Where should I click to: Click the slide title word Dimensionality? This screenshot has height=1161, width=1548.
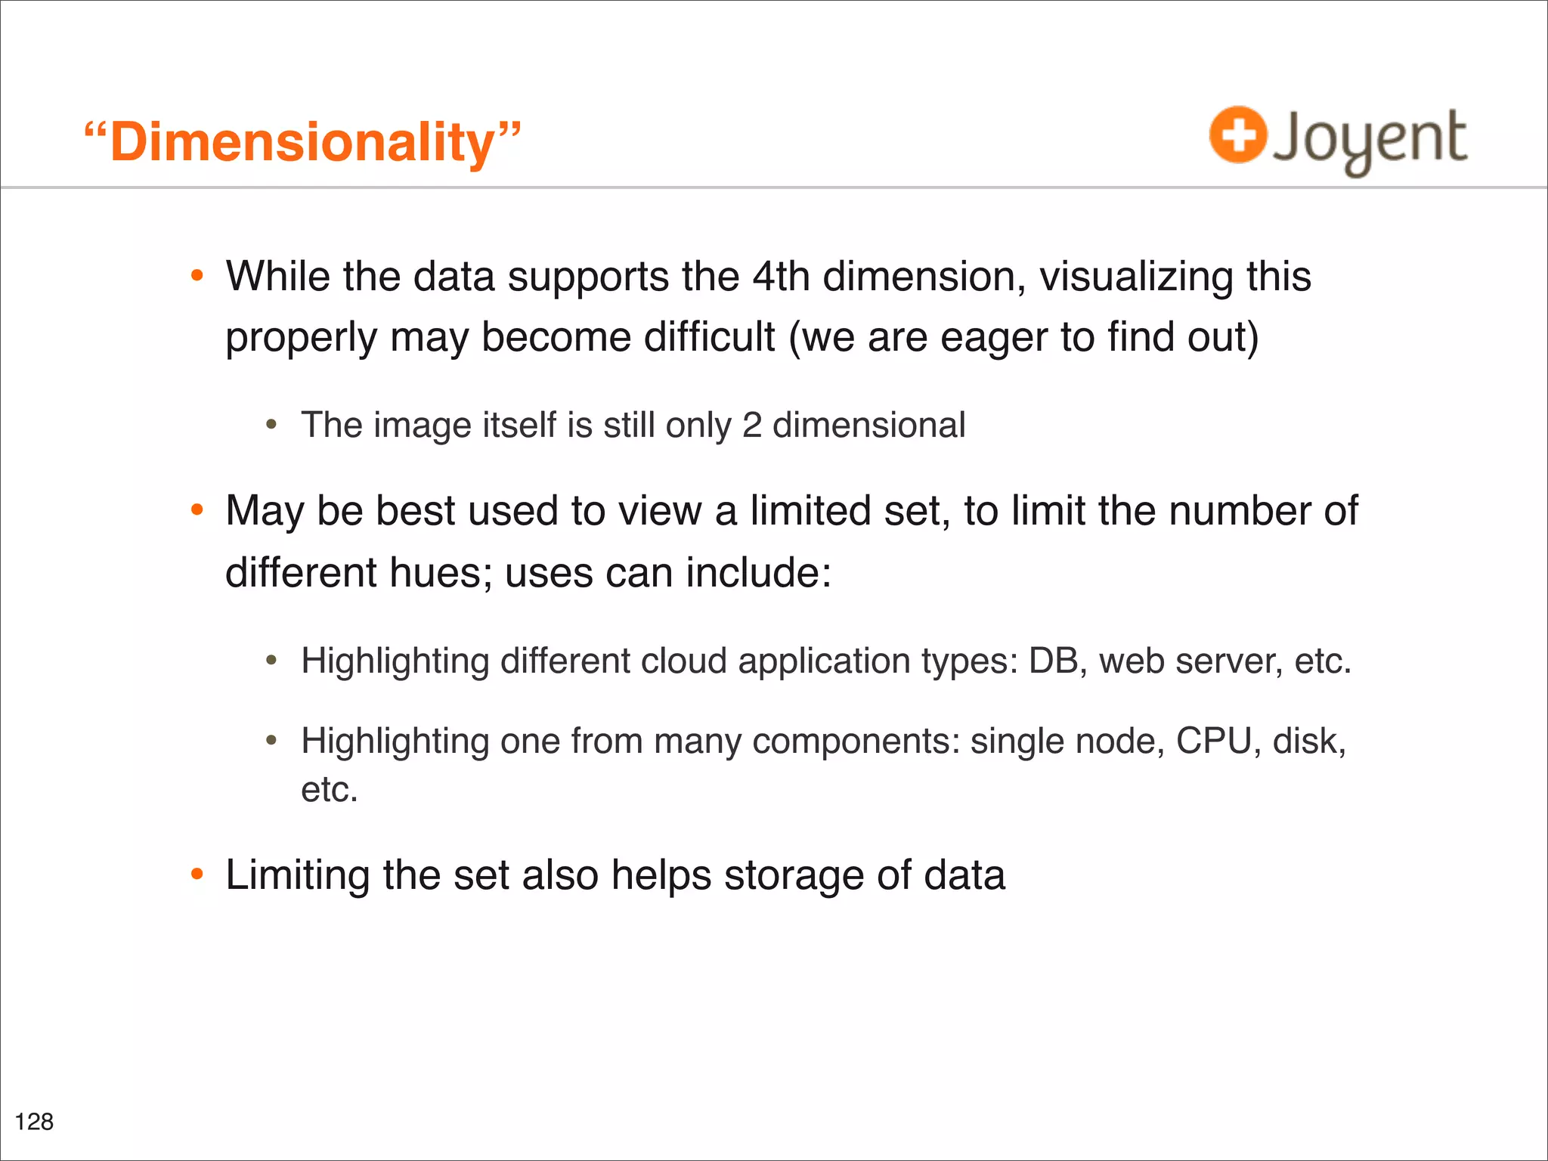302,143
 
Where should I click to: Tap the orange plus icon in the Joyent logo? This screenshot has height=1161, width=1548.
1237,135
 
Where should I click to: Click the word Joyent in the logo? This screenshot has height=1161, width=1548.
1369,140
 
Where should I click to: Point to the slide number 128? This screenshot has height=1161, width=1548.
34,1121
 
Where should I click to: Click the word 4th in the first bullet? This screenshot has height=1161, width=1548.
781,277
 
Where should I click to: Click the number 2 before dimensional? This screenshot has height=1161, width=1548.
751,425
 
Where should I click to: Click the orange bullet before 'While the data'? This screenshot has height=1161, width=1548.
197,276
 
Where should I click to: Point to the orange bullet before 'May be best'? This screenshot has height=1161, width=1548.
197,510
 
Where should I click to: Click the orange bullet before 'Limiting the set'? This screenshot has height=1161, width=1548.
197,875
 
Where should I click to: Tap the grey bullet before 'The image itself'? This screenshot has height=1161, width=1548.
271,425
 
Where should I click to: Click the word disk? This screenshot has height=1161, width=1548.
1308,741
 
